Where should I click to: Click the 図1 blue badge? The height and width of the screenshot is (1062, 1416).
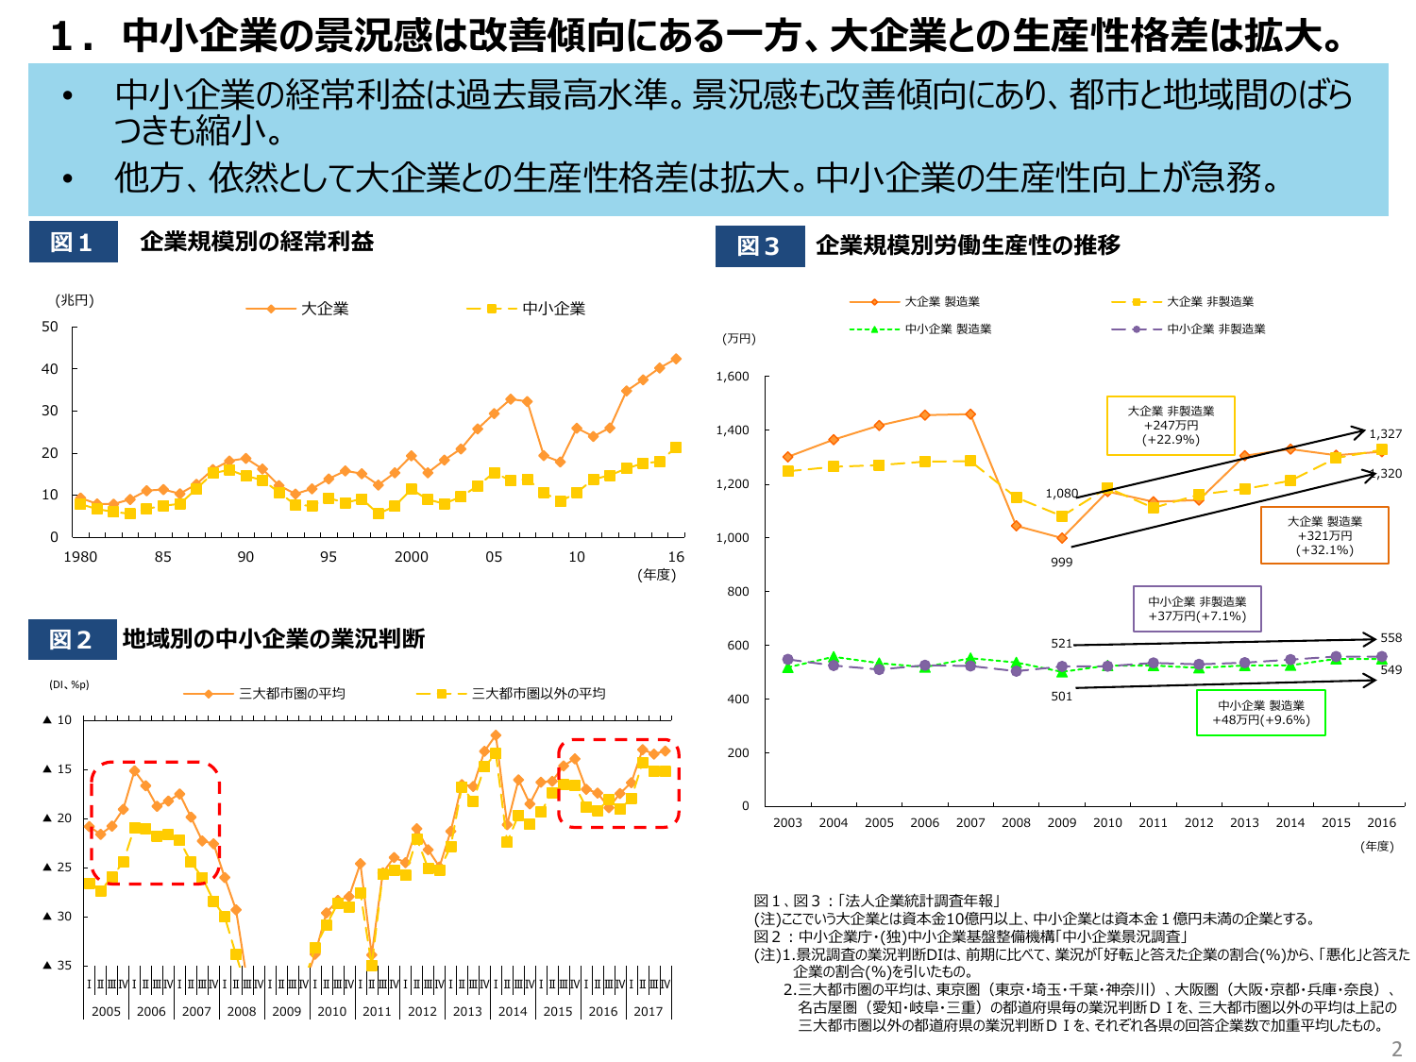click(73, 242)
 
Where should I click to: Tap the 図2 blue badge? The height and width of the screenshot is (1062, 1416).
click(72, 639)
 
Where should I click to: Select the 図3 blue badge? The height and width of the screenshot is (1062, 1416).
click(760, 245)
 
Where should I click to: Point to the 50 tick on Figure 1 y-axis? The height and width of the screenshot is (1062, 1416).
click(50, 327)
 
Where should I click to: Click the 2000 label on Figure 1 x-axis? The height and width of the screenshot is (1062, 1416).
click(411, 557)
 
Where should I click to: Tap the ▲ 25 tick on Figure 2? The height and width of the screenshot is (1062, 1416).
click(58, 867)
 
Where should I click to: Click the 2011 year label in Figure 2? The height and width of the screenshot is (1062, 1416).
click(377, 1011)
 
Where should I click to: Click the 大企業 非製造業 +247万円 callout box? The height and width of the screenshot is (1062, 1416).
click(1171, 426)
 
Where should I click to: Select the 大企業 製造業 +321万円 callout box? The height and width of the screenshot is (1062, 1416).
click(1324, 535)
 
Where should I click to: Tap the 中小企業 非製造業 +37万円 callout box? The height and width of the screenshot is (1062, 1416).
click(1197, 609)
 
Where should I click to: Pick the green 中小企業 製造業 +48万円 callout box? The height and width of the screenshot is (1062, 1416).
click(1260, 713)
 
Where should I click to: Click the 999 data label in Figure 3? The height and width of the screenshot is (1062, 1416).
click(1062, 563)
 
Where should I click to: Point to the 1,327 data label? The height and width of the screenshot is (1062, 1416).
click(1385, 434)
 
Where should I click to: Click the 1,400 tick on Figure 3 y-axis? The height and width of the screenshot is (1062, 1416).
click(733, 430)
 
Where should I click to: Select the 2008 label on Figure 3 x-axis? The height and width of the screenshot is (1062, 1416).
click(1016, 823)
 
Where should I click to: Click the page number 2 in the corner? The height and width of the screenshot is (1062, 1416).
click(1397, 1049)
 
